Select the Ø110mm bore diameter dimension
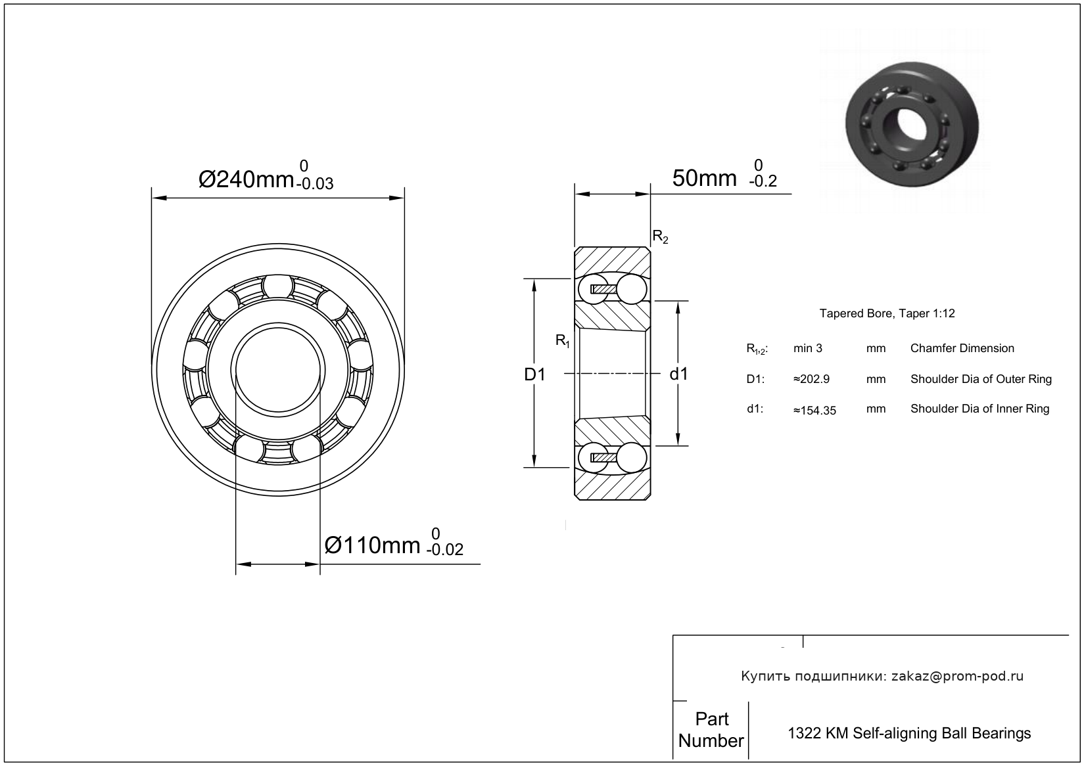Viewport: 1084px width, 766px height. pyautogui.click(x=373, y=545)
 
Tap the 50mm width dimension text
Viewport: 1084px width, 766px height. pyautogui.click(x=704, y=177)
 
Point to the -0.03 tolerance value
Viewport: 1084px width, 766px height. pyautogui.click(x=314, y=184)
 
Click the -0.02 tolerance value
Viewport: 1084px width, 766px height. pyautogui.click(x=444, y=550)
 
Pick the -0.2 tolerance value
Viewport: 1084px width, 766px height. pyautogui.click(x=763, y=182)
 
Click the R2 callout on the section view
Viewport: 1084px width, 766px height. pyautogui.click(x=659, y=237)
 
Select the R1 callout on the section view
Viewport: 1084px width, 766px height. pyautogui.click(x=563, y=340)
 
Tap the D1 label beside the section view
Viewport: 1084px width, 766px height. pyautogui.click(x=534, y=374)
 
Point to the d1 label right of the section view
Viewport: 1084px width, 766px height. pyautogui.click(x=678, y=374)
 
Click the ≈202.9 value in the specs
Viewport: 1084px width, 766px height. pyautogui.click(x=811, y=379)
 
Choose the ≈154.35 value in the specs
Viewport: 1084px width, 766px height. pyautogui.click(x=814, y=411)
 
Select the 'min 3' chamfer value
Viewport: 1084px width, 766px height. pyautogui.click(x=807, y=348)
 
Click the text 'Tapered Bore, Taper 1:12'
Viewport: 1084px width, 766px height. pyautogui.click(x=886, y=313)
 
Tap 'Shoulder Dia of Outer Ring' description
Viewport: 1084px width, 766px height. pyautogui.click(x=980, y=379)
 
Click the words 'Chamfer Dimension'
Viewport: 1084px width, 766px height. pyautogui.click(x=962, y=348)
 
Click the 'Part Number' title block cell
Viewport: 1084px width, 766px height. pyautogui.click(x=711, y=730)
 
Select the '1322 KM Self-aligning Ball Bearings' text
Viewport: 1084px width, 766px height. pyautogui.click(x=909, y=733)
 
